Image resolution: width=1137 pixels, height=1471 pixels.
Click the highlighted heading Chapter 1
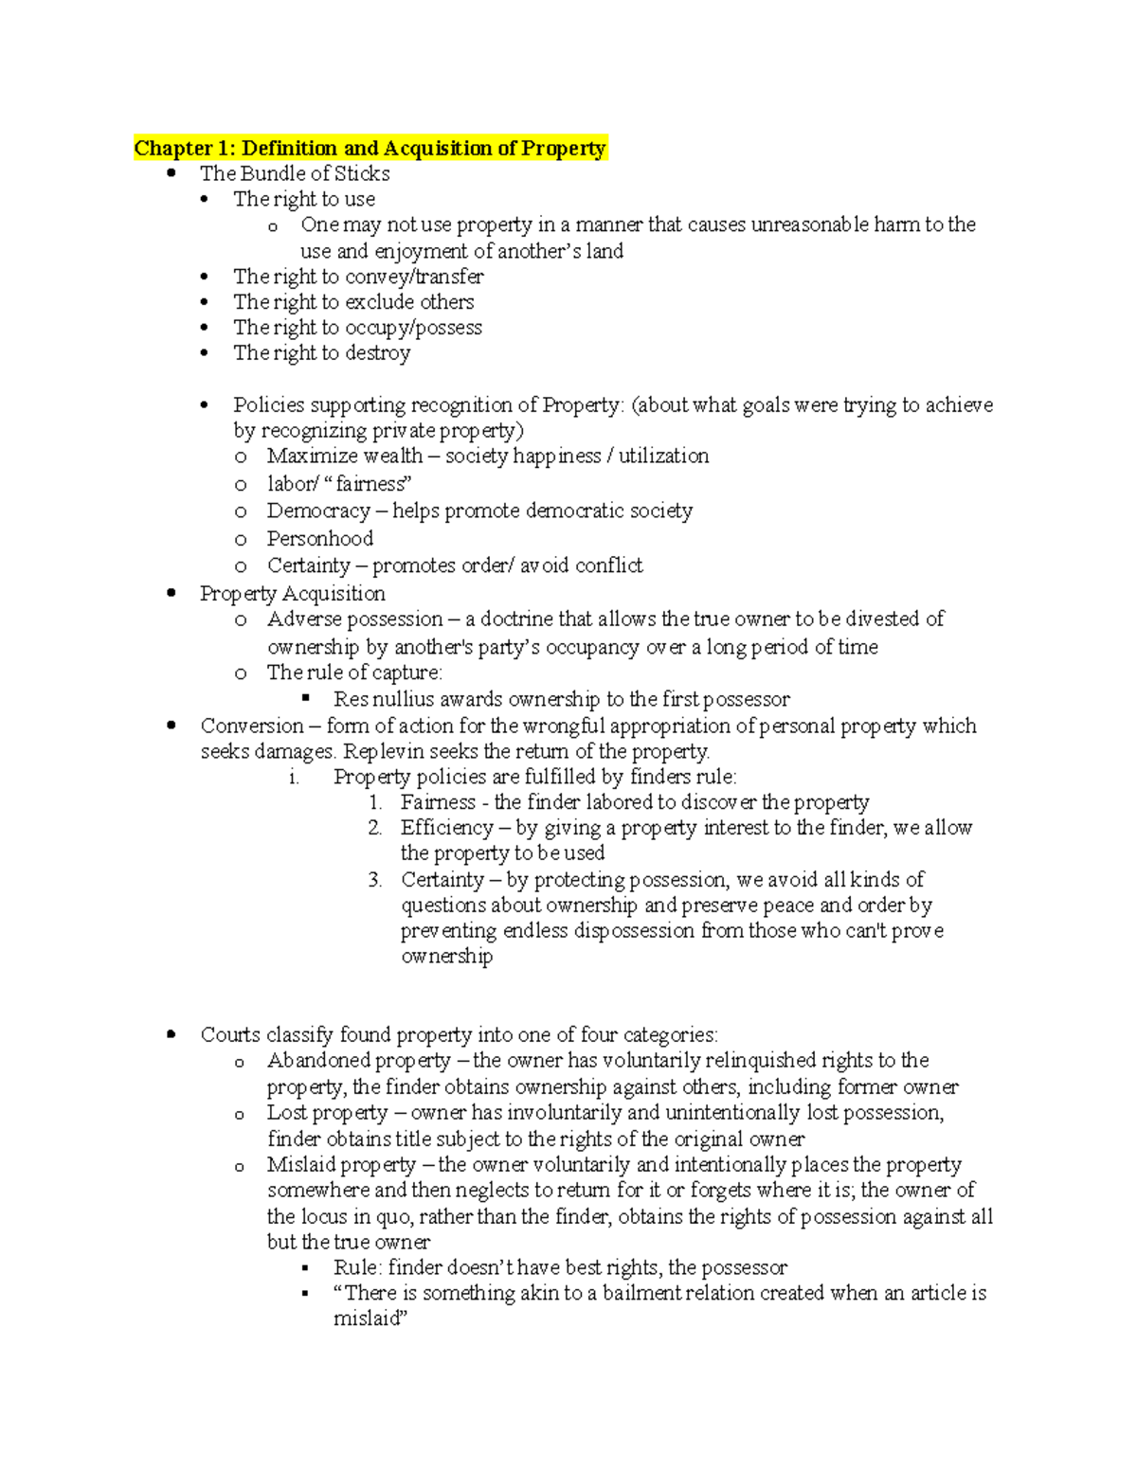coord(370,149)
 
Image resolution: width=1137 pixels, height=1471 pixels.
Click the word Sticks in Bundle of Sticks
coord(363,174)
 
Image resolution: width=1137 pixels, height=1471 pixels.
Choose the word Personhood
coord(319,539)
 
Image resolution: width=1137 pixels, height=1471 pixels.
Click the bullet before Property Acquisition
coord(171,594)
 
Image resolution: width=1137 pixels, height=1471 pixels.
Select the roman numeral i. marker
coord(294,778)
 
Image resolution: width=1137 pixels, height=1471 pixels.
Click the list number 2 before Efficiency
coord(375,829)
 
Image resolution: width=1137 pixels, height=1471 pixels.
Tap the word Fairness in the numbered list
coord(438,803)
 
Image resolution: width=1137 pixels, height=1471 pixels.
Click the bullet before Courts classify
coord(171,1035)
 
